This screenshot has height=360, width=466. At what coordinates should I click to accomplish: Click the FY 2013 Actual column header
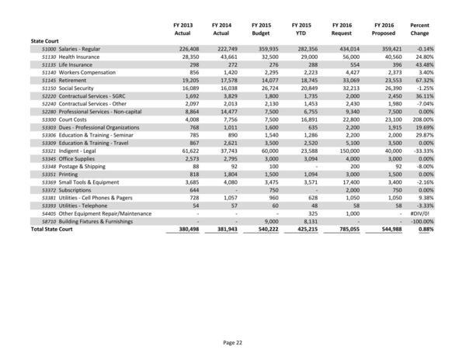pos(182,29)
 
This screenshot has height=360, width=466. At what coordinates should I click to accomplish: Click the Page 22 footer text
pos(233,343)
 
